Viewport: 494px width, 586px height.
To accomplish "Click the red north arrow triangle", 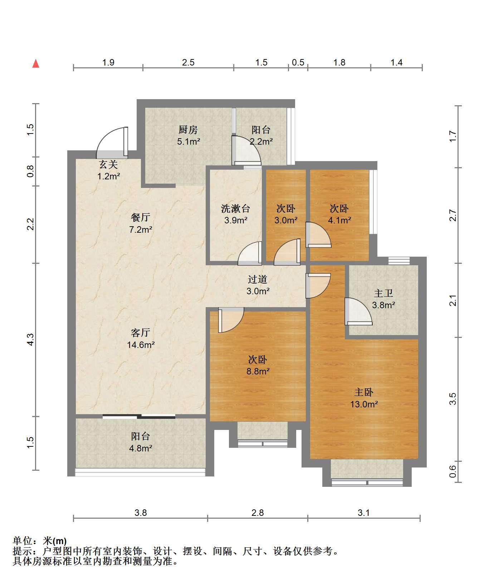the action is [36, 64].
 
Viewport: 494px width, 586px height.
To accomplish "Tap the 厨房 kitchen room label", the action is [187, 130].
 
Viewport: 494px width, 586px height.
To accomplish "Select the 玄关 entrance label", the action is [108, 165].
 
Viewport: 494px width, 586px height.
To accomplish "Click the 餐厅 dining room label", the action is [140, 217].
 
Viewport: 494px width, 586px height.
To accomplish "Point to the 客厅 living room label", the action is [140, 333].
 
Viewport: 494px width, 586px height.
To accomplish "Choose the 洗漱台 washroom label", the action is [235, 208].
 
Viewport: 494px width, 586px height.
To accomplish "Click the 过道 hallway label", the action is [258, 279].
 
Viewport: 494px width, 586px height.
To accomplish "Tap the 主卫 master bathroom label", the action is [383, 294].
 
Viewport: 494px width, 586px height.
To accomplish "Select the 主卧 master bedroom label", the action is [364, 392].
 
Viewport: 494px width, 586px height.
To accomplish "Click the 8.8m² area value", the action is [258, 372].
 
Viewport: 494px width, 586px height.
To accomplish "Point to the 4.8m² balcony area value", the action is [141, 448].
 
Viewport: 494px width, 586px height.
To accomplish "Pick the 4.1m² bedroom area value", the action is [339, 221].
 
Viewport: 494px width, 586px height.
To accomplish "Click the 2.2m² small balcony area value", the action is [261, 142].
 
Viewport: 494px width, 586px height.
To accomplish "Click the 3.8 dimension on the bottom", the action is [141, 513].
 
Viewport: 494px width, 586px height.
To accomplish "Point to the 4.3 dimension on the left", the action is [30, 339].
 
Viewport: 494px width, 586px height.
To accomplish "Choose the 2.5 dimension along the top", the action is [188, 63].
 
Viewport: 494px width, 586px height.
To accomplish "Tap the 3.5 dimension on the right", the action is [453, 399].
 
